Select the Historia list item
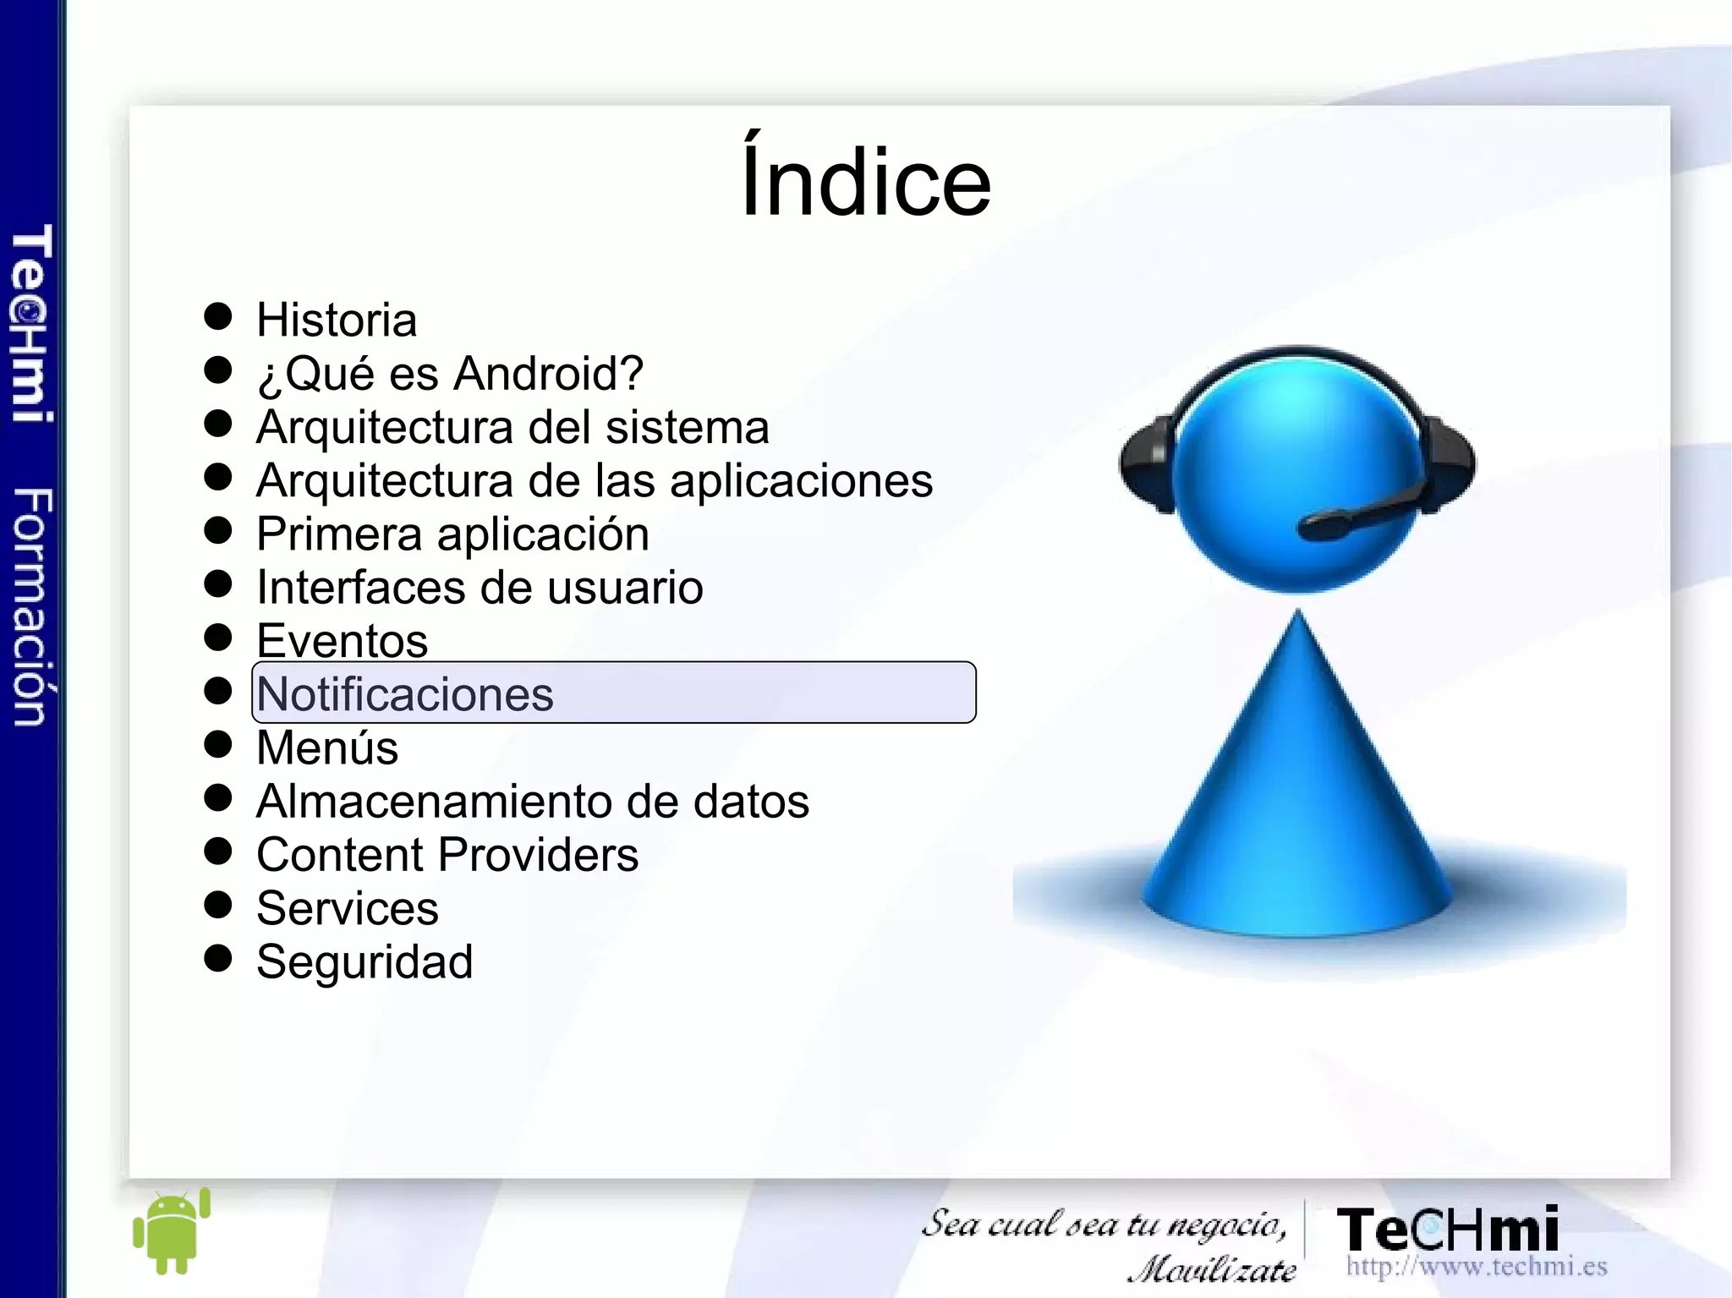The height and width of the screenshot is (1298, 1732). pyautogui.click(x=337, y=320)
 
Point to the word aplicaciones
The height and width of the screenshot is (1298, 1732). pyautogui.click(x=801, y=481)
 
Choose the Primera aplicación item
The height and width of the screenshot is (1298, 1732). pyautogui.click(x=452, y=534)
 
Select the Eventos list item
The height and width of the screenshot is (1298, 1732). pyautogui.click(x=342, y=641)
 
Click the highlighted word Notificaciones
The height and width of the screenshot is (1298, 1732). pyautogui.click(x=405, y=694)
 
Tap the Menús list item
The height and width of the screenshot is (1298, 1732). pyautogui.click(x=327, y=748)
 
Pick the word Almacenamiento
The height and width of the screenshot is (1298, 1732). pyautogui.click(x=433, y=802)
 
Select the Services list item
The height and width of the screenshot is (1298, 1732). pyautogui.click(x=347, y=908)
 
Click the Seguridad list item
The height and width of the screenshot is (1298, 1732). pyautogui.click(x=364, y=962)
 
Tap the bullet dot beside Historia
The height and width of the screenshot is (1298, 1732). pyautogui.click(x=218, y=316)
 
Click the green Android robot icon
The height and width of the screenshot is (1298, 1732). pyautogui.click(x=172, y=1232)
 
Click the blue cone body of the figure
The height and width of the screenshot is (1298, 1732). pyautogui.click(x=1298, y=803)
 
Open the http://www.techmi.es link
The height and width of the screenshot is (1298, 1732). pyautogui.click(x=1476, y=1267)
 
